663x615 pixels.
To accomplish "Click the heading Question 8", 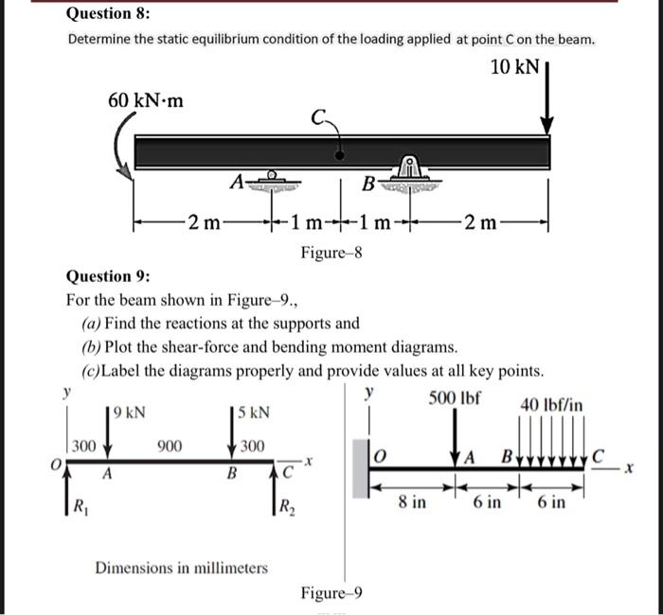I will click(108, 13).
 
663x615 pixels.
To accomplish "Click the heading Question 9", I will click(107, 276).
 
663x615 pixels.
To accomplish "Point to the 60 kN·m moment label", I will click(145, 99).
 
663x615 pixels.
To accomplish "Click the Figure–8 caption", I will click(331, 253).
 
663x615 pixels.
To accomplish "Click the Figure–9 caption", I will click(331, 593).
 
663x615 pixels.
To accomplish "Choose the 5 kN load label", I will click(254, 413).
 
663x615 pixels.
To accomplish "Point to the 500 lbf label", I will click(456, 397).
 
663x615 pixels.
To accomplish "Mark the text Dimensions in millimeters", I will click(181, 568).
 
